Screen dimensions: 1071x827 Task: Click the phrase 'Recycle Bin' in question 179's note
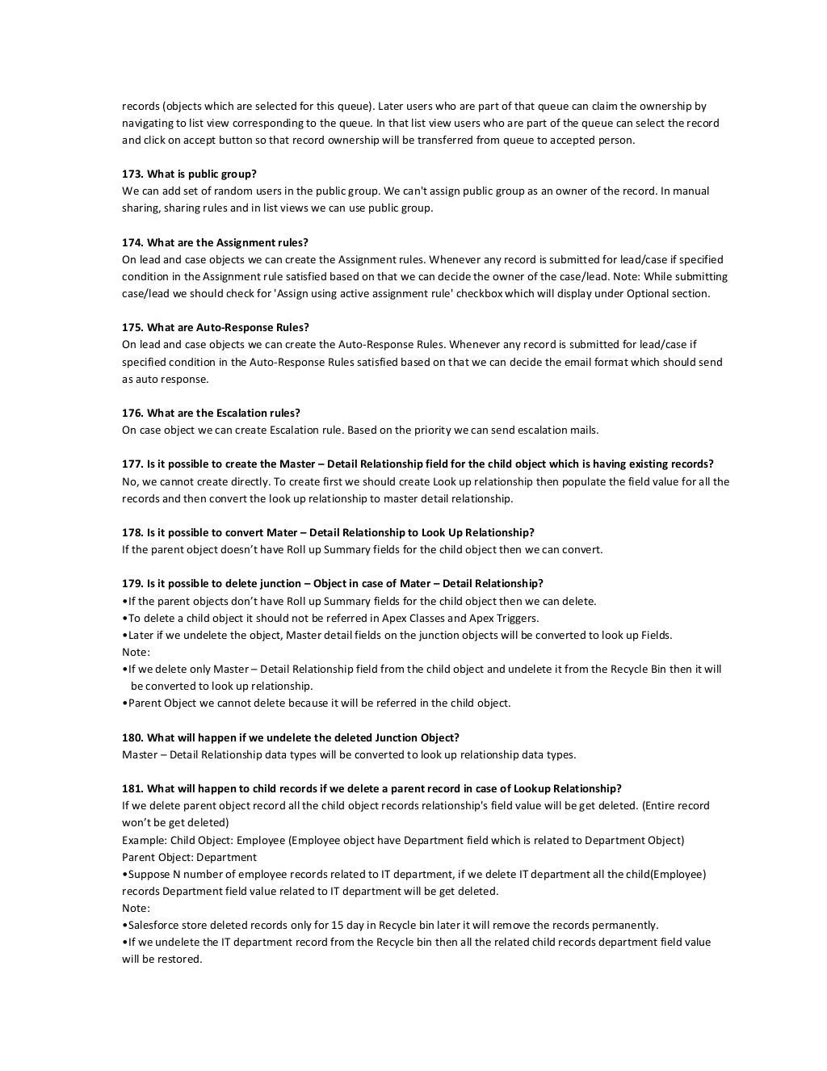640,669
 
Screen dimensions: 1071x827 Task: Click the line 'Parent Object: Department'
189,857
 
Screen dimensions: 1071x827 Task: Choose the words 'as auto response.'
165,379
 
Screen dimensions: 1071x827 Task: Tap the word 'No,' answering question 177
130,481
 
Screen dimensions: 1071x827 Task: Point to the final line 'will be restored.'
162,959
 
